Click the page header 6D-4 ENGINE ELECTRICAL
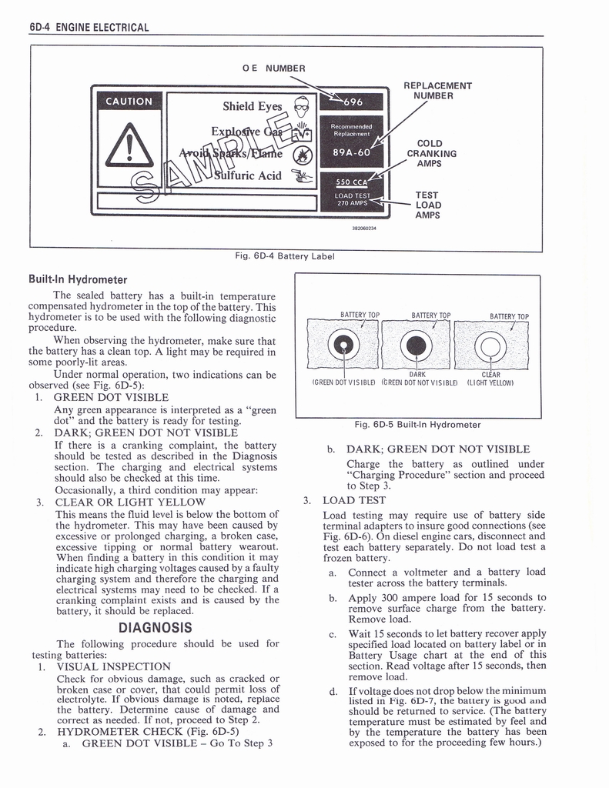click(88, 28)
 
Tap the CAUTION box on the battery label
click(129, 102)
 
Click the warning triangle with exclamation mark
click(129, 146)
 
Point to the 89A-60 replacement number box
click(351, 152)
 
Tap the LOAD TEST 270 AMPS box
click(353, 199)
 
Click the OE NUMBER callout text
click(273, 68)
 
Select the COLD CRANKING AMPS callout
click(430, 153)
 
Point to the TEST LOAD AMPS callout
click(427, 205)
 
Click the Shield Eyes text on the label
click(253, 106)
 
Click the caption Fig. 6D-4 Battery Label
click(284, 256)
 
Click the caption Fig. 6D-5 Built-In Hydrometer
click(417, 425)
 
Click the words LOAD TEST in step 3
click(354, 500)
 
